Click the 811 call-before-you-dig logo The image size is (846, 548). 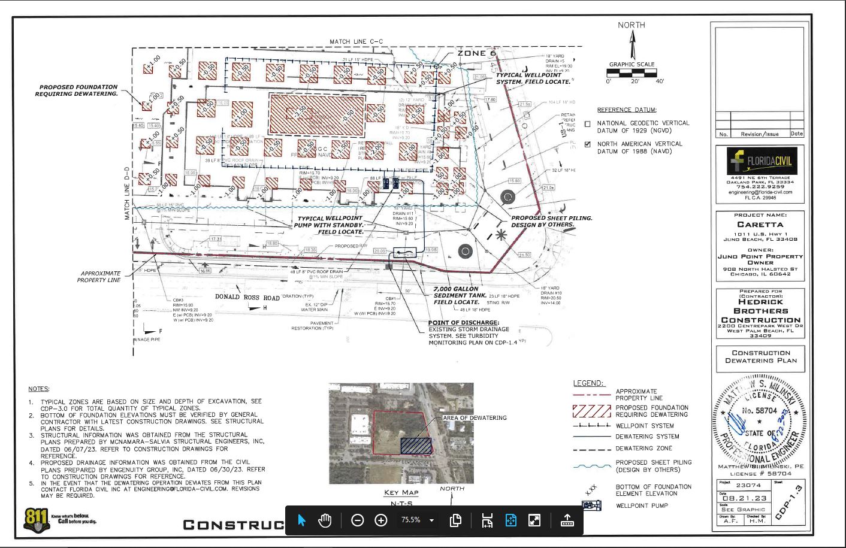click(37, 519)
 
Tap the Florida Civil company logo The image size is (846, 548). click(760, 161)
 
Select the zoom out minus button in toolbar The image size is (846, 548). click(357, 520)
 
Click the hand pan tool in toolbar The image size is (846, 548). click(325, 520)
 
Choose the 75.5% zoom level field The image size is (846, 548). click(411, 520)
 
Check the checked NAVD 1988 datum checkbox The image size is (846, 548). click(587, 144)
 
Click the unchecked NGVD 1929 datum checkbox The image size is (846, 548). click(587, 124)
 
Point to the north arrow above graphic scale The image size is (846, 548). click(632, 45)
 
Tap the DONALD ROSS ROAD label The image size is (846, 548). click(247, 297)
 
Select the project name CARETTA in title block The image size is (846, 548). click(760, 225)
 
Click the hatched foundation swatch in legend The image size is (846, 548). click(591, 411)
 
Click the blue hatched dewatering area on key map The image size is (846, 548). click(416, 446)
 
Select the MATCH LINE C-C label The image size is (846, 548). click(356, 42)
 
